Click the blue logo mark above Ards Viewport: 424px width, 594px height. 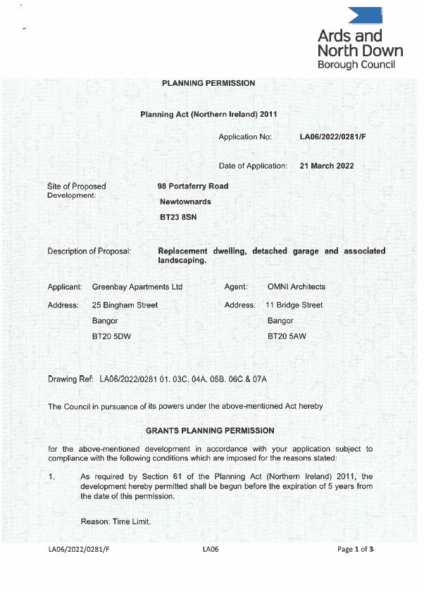366,15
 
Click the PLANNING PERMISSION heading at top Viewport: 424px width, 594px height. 208,83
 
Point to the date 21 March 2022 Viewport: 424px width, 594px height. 326,166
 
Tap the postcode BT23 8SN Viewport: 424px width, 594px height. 178,217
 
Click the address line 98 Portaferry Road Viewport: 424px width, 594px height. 193,187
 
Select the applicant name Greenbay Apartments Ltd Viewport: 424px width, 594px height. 137,287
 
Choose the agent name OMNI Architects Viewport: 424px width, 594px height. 297,287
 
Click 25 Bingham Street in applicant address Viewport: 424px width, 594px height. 125,305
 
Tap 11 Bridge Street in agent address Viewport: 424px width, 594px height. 294,305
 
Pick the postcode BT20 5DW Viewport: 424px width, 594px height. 111,337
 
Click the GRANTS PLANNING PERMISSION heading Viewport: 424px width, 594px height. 210,430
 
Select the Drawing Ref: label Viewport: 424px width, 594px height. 70,379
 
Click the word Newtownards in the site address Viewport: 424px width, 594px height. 185,202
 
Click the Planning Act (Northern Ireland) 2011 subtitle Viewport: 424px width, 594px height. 211,113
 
